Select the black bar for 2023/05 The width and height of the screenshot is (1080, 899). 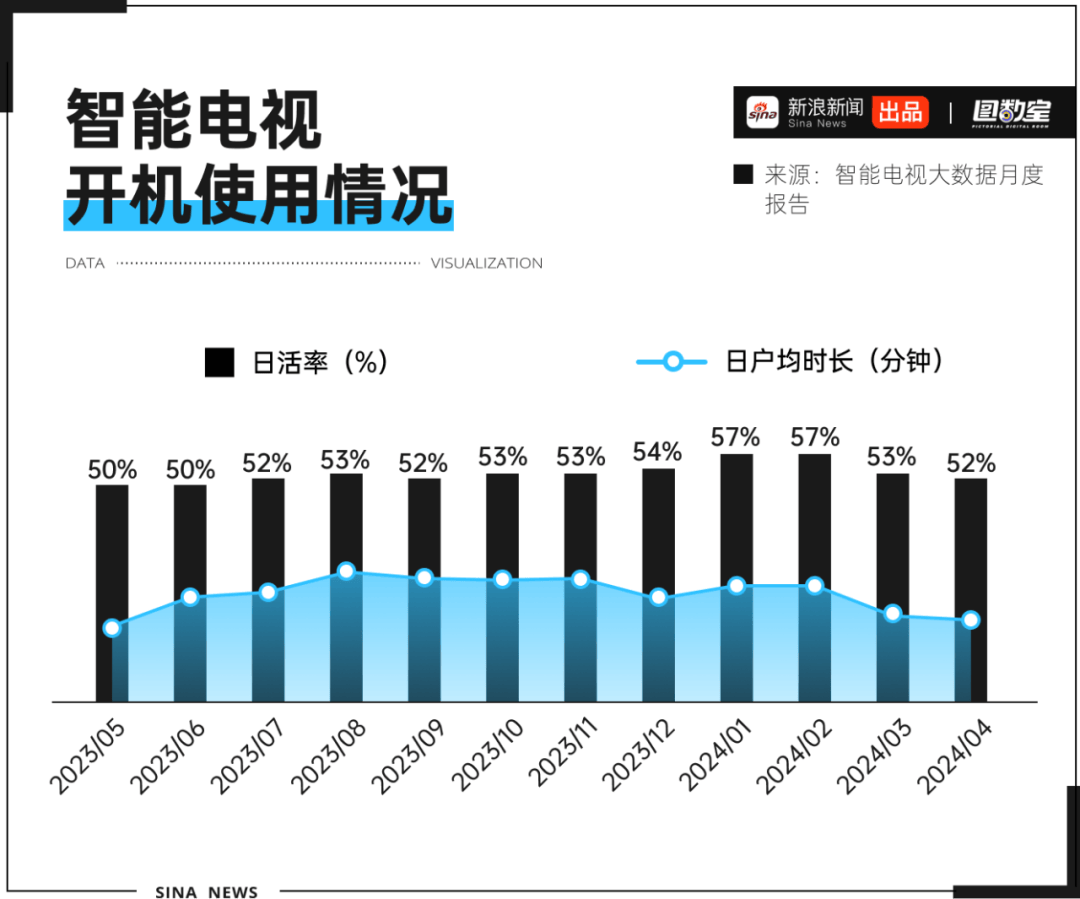pos(112,550)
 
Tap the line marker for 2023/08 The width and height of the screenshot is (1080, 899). pos(346,571)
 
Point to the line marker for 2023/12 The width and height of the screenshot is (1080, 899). pos(658,597)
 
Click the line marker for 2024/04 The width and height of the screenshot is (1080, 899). pos(970,620)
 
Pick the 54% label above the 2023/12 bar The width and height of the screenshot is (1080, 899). pos(658,452)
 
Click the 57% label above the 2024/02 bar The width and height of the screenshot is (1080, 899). pos(814,437)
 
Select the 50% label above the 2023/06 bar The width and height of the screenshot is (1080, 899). pos(190,469)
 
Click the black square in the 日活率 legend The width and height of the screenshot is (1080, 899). pos(219,362)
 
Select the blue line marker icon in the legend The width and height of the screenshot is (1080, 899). pos(672,361)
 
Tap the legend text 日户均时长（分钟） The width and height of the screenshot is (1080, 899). pos(834,361)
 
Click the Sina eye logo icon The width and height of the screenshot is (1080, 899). pos(762,112)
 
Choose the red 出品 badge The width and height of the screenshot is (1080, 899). pos(900,112)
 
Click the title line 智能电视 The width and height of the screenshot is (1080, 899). pos(195,120)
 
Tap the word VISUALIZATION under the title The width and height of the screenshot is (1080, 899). pos(487,264)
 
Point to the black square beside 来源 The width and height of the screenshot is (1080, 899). pos(743,174)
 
